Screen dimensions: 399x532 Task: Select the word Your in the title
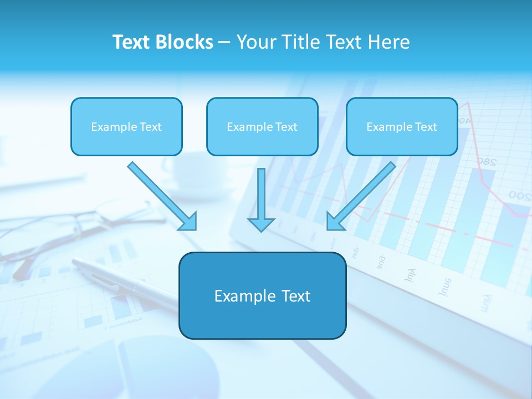click(x=255, y=42)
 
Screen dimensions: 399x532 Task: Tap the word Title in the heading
click(x=300, y=42)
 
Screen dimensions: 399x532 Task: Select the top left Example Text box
click(x=126, y=126)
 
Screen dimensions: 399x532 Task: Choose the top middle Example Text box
click(x=262, y=126)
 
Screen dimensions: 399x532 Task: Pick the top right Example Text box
click(x=402, y=126)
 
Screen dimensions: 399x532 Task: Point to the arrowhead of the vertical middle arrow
click(x=261, y=224)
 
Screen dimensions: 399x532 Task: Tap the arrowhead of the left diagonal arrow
click(x=188, y=222)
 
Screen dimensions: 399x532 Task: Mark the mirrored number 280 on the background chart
click(x=485, y=162)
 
